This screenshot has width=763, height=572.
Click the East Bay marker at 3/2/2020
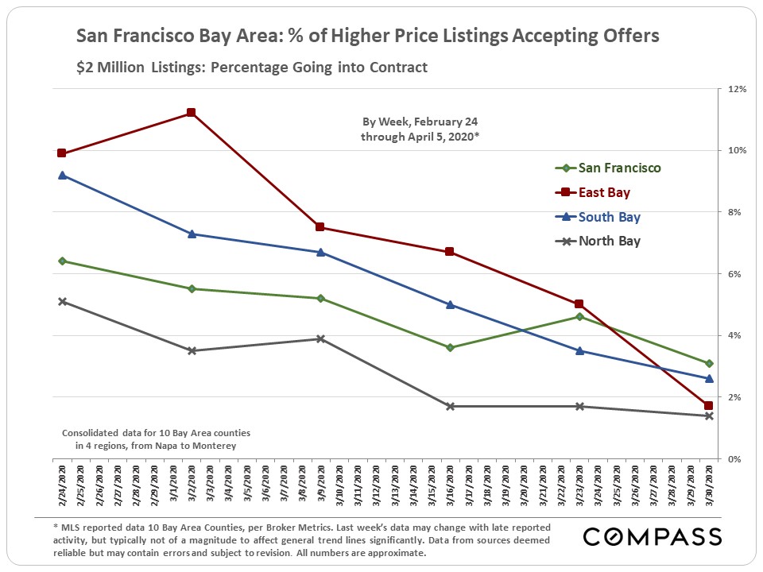pos(191,113)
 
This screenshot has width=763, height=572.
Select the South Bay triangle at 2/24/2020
pos(62,175)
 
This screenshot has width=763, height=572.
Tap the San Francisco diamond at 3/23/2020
pos(579,317)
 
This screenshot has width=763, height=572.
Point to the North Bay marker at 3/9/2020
pos(320,338)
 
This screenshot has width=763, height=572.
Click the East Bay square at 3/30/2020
pos(708,406)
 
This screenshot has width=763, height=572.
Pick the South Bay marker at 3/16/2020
pos(450,304)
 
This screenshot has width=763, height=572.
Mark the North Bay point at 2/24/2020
pos(62,301)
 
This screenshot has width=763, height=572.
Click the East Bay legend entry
pos(604,192)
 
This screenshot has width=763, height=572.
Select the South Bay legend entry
pos(609,217)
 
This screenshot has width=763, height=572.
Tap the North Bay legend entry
pos(609,242)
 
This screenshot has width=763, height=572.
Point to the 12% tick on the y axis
pos(734,89)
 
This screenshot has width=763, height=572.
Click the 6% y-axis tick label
pos(734,274)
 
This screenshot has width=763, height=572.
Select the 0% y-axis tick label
pos(734,459)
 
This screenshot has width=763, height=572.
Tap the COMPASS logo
pos(653,537)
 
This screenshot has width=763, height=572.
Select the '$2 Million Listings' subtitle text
pos(131,68)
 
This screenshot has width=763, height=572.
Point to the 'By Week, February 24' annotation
pos(420,122)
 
